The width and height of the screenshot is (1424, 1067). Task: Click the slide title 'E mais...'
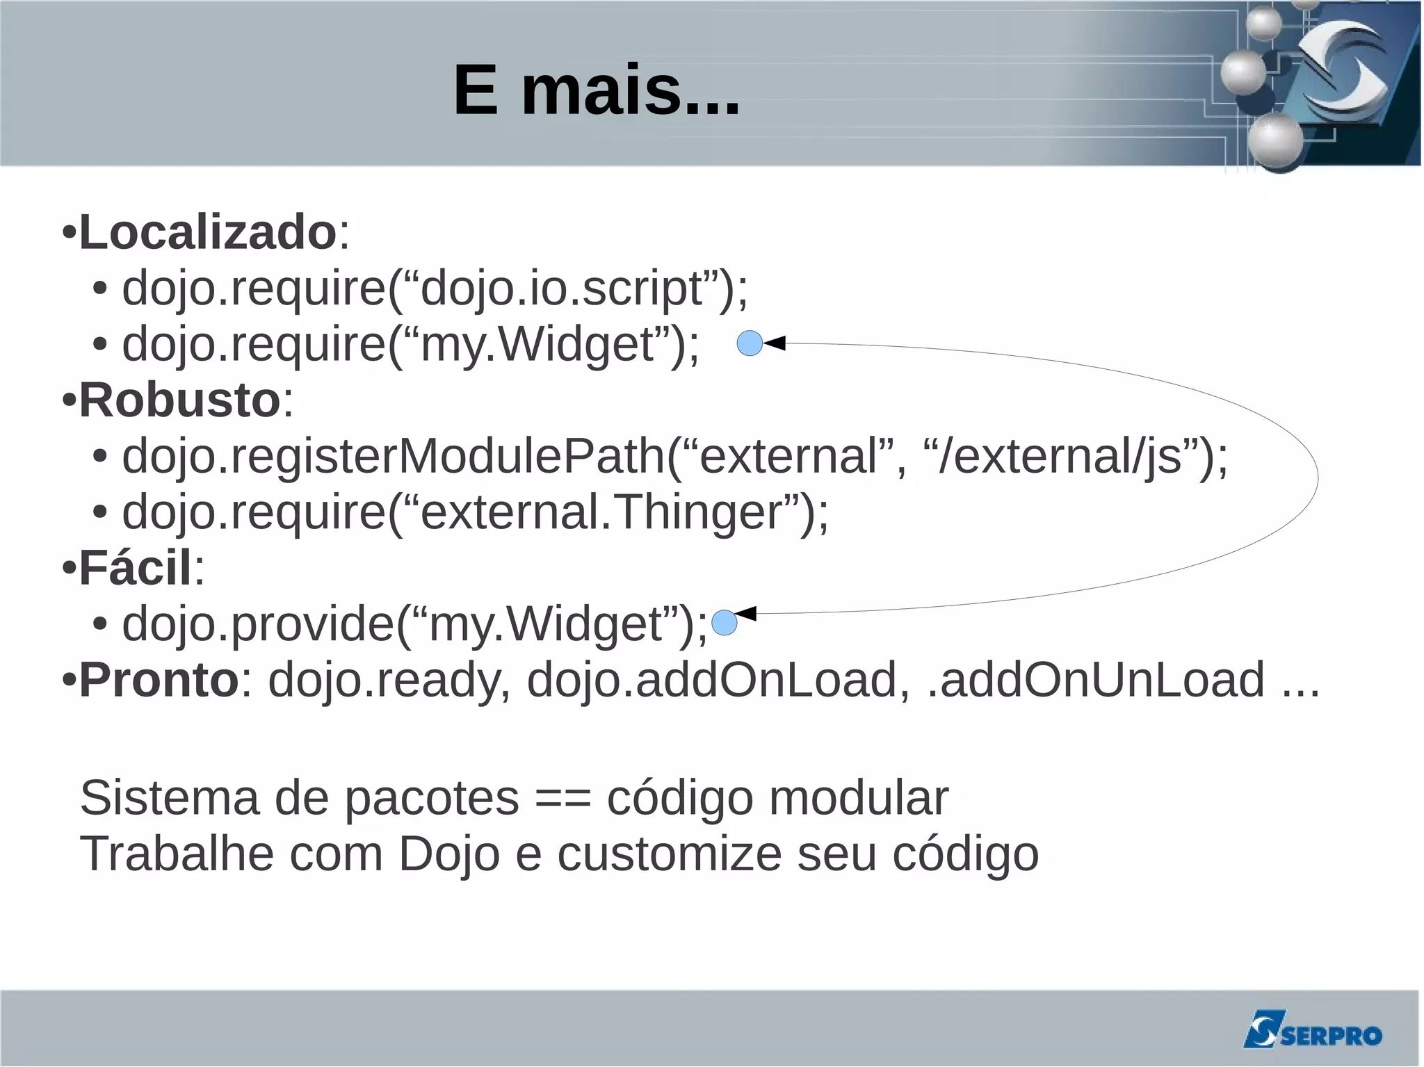click(597, 90)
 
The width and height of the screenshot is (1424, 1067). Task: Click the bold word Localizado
click(208, 232)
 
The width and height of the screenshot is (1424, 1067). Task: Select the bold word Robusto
click(179, 400)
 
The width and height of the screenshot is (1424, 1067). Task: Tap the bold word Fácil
click(135, 568)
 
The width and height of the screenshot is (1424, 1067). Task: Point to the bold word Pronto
click(159, 680)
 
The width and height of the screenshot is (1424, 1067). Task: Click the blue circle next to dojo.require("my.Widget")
click(750, 343)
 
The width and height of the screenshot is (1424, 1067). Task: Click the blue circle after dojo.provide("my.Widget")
click(725, 623)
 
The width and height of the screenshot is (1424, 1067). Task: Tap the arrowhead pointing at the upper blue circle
click(775, 343)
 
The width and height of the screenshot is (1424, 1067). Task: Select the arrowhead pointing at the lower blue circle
click(746, 614)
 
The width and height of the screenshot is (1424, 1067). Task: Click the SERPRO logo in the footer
click(1312, 1029)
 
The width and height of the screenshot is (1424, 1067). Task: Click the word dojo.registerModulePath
click(394, 457)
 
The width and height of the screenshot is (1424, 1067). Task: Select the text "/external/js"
click(1060, 457)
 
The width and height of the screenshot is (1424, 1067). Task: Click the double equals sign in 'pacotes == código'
click(563, 798)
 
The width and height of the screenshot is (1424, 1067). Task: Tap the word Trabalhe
click(177, 854)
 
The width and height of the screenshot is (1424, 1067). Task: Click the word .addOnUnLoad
click(1097, 680)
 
